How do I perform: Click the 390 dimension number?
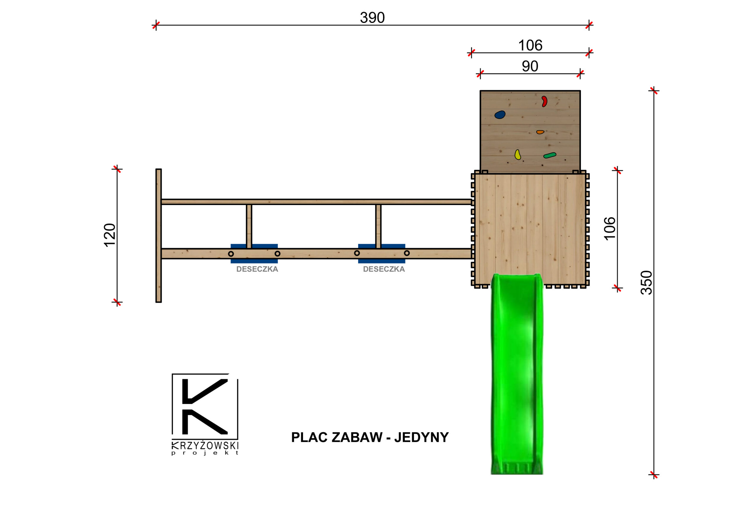pyautogui.click(x=372, y=17)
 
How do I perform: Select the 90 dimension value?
pyautogui.click(x=529, y=66)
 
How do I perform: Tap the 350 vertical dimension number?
pyautogui.click(x=646, y=282)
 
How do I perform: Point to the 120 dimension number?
pyautogui.click(x=110, y=235)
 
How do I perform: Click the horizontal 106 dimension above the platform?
pyautogui.click(x=530, y=45)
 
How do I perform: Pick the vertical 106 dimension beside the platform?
pyautogui.click(x=610, y=229)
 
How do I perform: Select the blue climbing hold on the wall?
pyautogui.click(x=500, y=115)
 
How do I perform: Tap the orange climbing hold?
pyautogui.click(x=540, y=132)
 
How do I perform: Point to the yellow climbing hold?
pyautogui.click(x=518, y=155)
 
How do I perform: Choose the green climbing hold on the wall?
pyautogui.click(x=549, y=156)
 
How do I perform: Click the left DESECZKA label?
pyautogui.click(x=257, y=269)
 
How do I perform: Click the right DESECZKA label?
pyautogui.click(x=384, y=269)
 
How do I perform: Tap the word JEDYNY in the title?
pyautogui.click(x=421, y=437)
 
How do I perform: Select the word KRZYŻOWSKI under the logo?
pyautogui.click(x=205, y=446)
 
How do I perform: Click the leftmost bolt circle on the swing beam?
pyautogui.click(x=231, y=254)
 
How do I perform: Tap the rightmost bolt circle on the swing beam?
pyautogui.click(x=407, y=253)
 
